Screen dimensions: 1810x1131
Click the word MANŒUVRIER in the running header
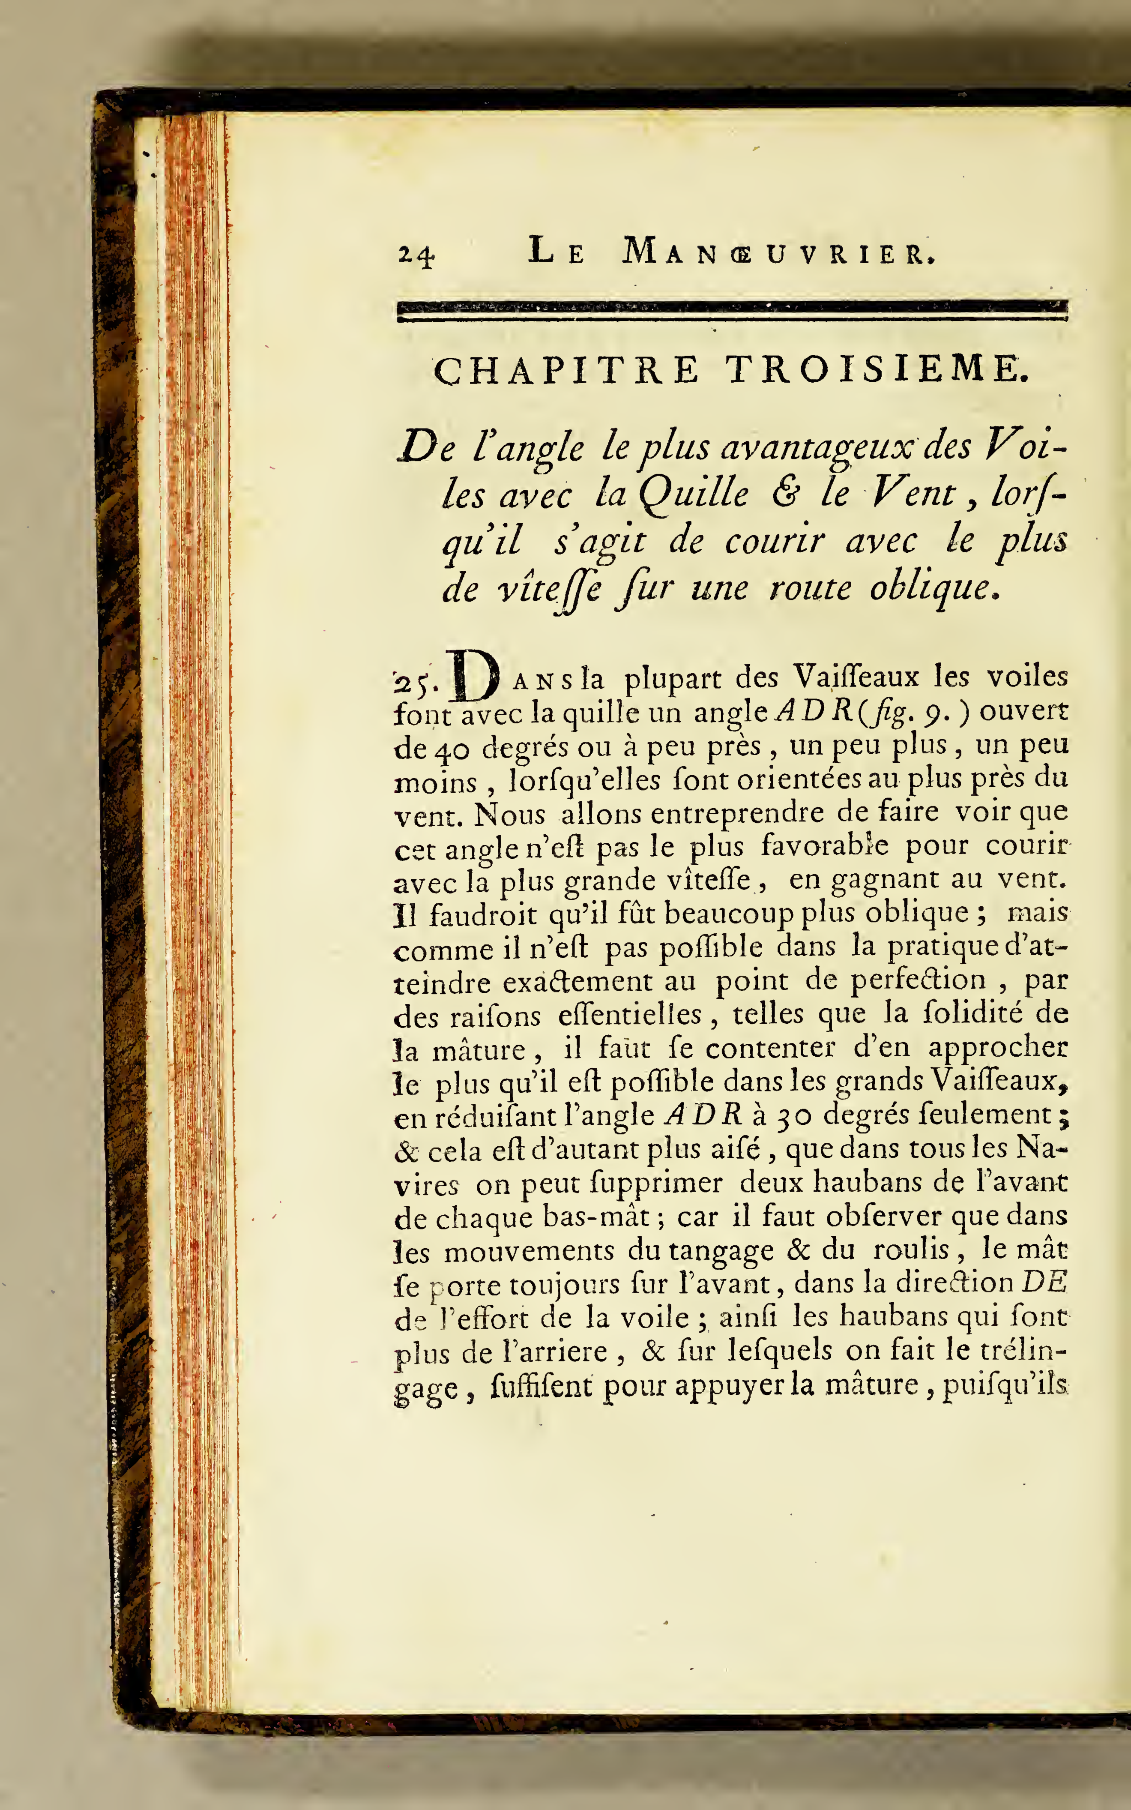point(778,251)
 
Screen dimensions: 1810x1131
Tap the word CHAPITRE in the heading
point(566,369)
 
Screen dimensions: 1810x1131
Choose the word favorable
point(824,846)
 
